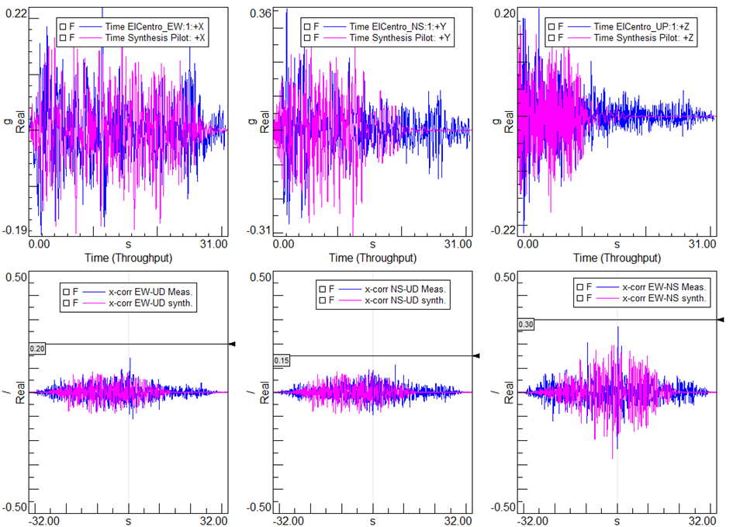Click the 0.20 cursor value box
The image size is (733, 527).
[x=37, y=350]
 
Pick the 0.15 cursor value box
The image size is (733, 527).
[x=282, y=361]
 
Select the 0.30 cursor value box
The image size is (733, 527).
[x=525, y=324]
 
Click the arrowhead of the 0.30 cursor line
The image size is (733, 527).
[x=721, y=319]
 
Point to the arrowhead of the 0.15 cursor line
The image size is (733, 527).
[x=476, y=355]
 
